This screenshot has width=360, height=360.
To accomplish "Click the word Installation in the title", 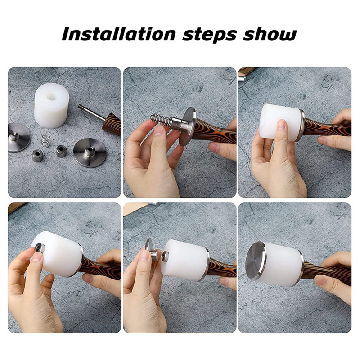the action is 118,35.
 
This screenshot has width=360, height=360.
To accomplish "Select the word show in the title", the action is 270,35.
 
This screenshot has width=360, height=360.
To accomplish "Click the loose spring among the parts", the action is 46,141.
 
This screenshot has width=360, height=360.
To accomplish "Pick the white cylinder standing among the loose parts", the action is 51,105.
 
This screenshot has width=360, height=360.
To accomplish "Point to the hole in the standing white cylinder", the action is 52,96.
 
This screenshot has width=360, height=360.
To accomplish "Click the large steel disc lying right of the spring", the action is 90,153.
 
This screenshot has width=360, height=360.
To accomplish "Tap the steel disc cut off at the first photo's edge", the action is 18,137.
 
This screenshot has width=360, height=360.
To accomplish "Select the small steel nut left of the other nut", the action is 37,156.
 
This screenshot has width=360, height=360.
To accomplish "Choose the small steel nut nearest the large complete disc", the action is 61,151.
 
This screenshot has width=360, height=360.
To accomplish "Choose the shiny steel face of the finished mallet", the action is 255,261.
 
